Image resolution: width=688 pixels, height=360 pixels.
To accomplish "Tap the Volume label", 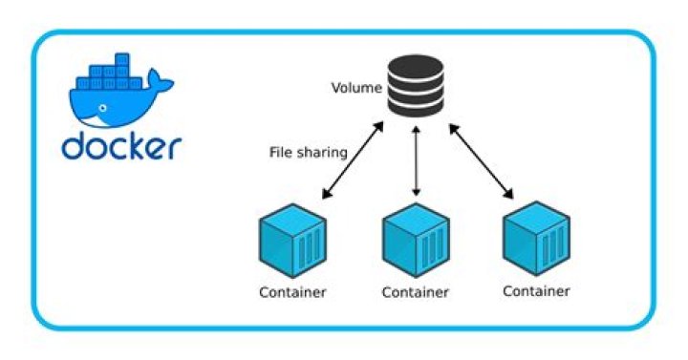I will click(x=356, y=89).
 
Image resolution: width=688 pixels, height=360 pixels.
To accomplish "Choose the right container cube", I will click(x=536, y=238).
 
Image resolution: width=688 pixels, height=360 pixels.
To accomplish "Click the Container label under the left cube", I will click(x=292, y=291).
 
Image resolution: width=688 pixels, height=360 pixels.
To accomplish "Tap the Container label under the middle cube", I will click(x=416, y=291).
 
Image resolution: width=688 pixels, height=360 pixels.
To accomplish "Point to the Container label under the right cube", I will click(x=536, y=290).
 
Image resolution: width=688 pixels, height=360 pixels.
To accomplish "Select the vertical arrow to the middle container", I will click(x=416, y=162).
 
